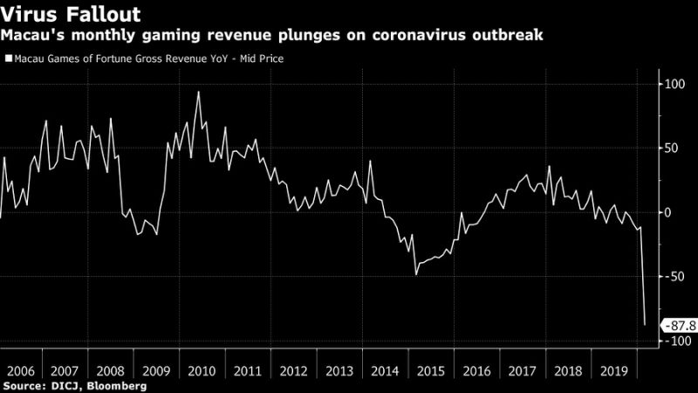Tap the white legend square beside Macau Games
point(8,59)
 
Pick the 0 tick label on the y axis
point(667,213)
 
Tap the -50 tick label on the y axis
point(671,277)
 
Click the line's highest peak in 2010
point(198,92)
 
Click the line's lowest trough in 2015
point(416,274)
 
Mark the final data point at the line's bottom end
point(645,325)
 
